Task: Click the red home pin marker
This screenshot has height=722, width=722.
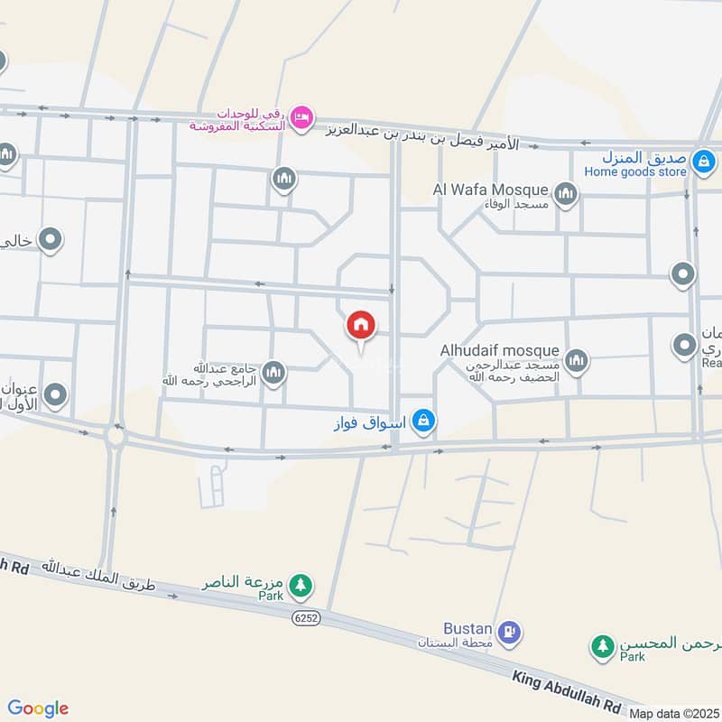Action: tap(361, 326)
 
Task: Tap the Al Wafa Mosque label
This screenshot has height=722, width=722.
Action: tap(491, 190)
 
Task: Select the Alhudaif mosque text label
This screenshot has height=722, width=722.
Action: tap(499, 350)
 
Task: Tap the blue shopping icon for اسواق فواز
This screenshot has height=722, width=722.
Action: tap(422, 421)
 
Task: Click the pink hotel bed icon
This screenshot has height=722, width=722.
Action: tap(302, 116)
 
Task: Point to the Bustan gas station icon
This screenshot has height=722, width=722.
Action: tap(509, 632)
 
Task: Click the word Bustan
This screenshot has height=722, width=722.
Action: tap(467, 628)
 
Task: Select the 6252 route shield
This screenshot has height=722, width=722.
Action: tap(306, 617)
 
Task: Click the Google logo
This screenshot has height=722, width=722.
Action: tap(37, 708)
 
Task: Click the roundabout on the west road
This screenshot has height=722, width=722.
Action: tap(116, 436)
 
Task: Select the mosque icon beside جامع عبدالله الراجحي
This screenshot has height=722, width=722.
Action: tap(273, 372)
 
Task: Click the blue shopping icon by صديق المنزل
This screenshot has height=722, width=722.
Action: tap(704, 162)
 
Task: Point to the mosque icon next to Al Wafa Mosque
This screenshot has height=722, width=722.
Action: tap(566, 193)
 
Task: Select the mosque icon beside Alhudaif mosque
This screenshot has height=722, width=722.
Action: tap(576, 363)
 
